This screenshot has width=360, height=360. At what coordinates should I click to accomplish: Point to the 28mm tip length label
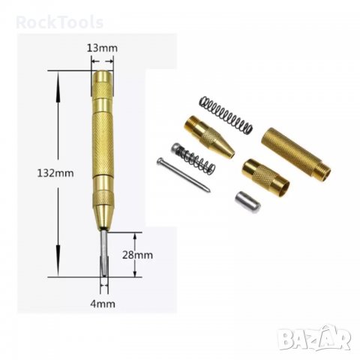pos(138,254)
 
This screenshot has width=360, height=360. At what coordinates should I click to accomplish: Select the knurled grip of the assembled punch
pos(102,142)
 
